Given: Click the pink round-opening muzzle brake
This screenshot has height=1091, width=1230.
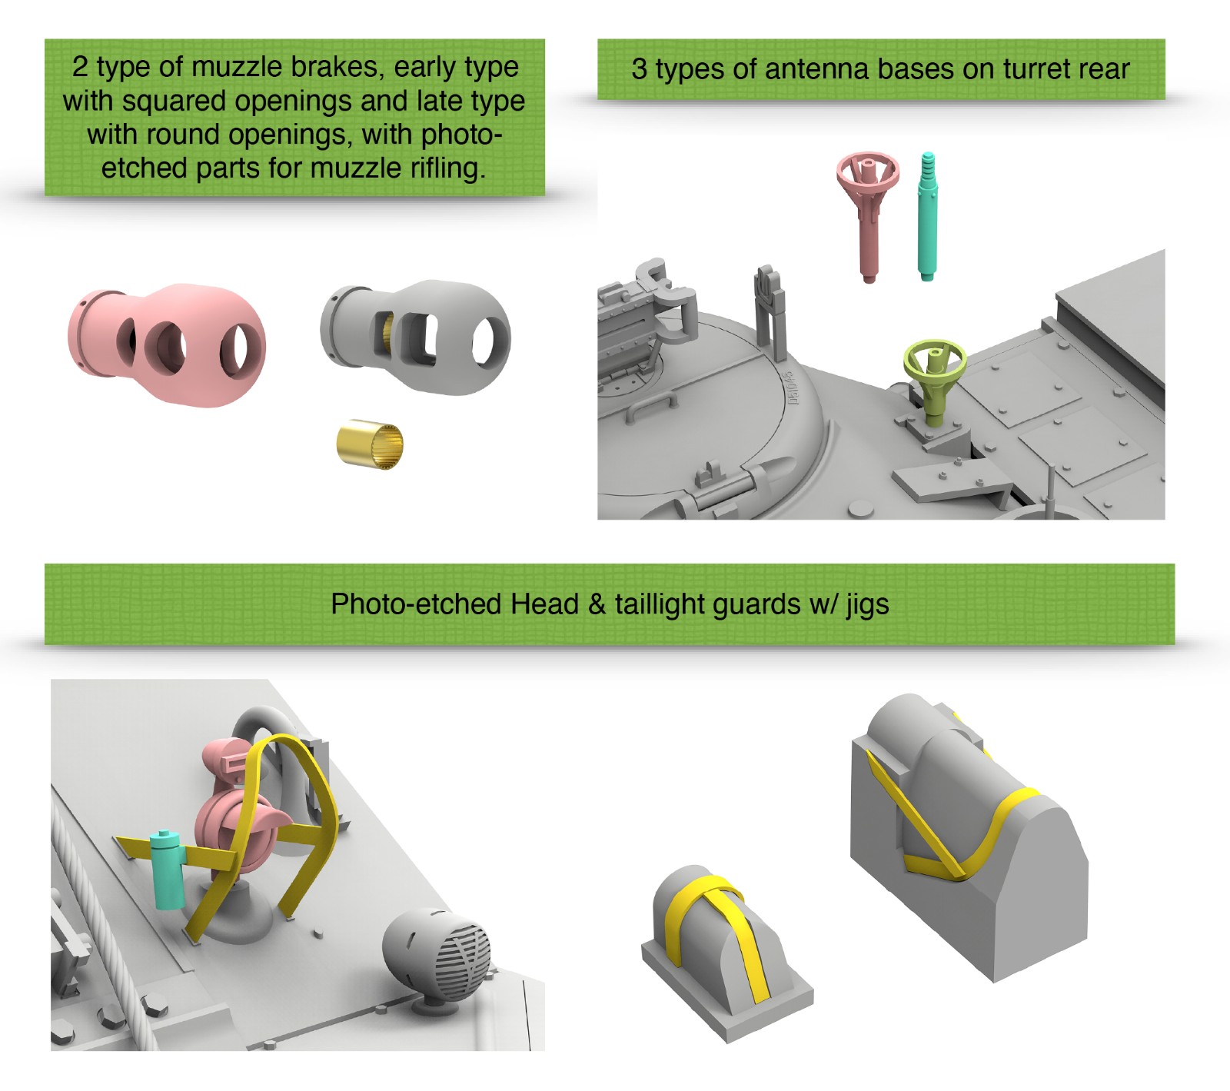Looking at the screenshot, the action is click(168, 343).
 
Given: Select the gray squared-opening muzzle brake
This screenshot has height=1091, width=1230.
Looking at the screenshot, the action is click(416, 337).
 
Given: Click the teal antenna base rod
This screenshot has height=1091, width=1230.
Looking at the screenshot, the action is click(928, 217).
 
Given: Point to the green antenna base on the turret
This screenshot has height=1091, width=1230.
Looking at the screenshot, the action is click(934, 377).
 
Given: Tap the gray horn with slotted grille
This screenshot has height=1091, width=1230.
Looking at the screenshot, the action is click(437, 956).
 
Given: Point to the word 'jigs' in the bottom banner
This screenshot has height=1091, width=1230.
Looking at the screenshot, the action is click(868, 605).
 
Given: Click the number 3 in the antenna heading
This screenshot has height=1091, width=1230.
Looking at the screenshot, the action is click(639, 69).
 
